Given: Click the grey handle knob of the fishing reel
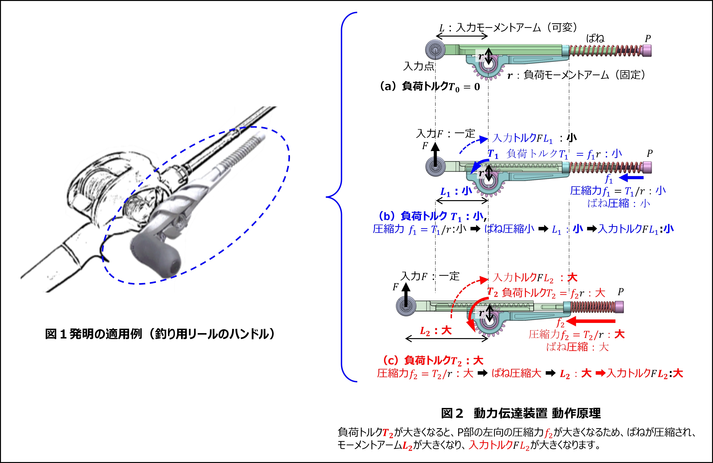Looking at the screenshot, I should (156, 255).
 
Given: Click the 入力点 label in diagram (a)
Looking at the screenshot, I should (418, 66).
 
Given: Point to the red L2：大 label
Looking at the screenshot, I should (436, 331).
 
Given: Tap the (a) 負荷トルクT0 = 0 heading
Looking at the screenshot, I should (430, 87).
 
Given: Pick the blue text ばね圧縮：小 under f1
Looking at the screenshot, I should (619, 203).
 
